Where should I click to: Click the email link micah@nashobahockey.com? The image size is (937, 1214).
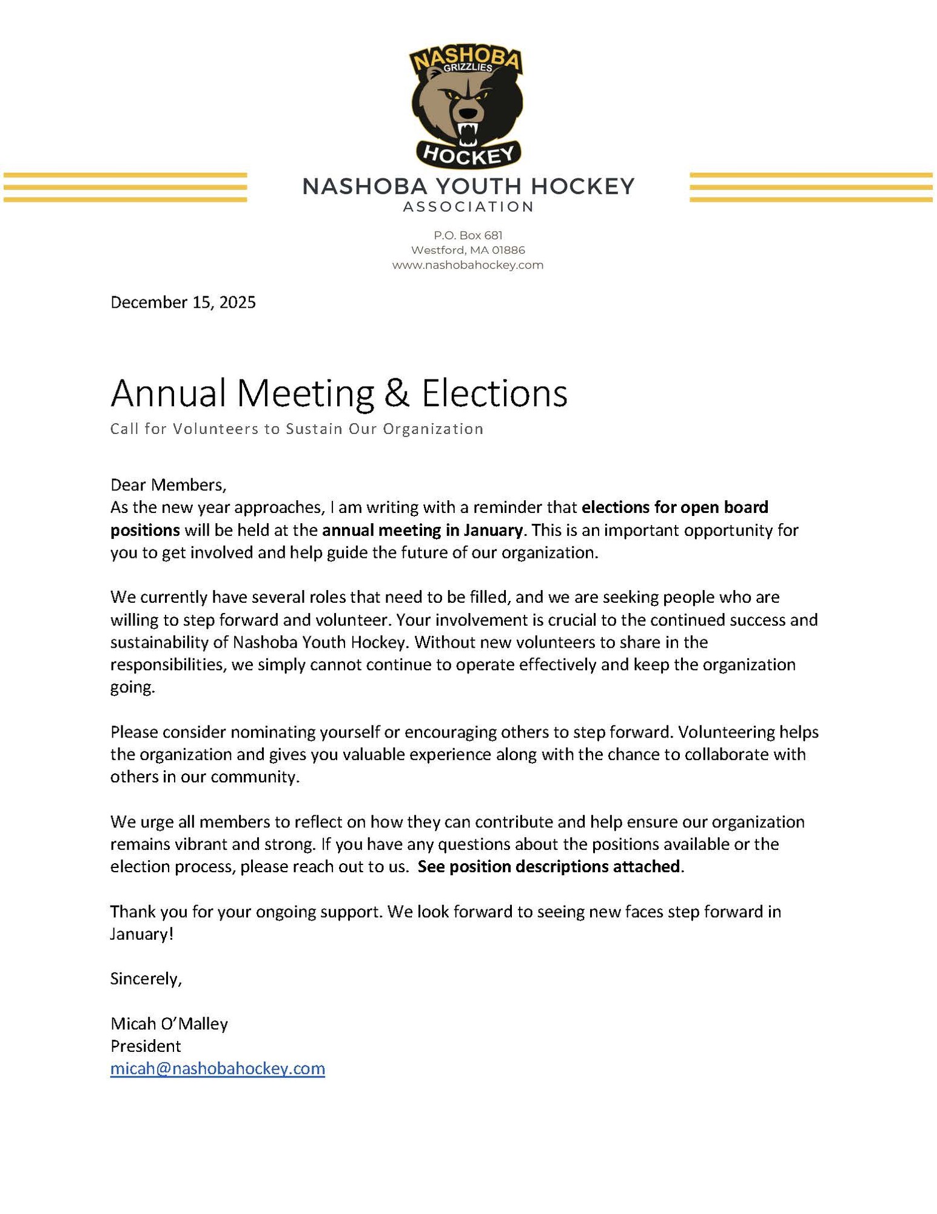click(217, 1068)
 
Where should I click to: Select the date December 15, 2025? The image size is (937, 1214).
click(183, 302)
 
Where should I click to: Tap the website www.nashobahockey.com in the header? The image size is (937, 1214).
click(468, 265)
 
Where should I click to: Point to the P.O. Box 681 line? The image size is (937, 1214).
click(468, 236)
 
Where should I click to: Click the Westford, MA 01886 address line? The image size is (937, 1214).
click(468, 250)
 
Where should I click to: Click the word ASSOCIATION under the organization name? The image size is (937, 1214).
click(468, 207)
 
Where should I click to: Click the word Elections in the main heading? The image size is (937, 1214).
click(494, 393)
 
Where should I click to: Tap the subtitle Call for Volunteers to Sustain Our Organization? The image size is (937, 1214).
click(297, 429)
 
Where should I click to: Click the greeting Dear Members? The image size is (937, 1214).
click(168, 485)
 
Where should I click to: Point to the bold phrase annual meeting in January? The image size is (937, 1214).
click(422, 531)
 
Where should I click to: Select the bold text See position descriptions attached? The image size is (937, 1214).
click(549, 867)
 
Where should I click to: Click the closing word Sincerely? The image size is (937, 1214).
click(146, 978)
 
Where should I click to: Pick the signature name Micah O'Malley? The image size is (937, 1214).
click(169, 1024)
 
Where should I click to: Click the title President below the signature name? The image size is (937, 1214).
click(146, 1046)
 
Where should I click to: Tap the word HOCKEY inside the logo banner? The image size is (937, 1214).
click(468, 155)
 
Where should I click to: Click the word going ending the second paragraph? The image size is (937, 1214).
click(132, 688)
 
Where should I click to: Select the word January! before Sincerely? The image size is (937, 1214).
click(141, 934)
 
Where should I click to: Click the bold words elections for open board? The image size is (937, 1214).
click(674, 507)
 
